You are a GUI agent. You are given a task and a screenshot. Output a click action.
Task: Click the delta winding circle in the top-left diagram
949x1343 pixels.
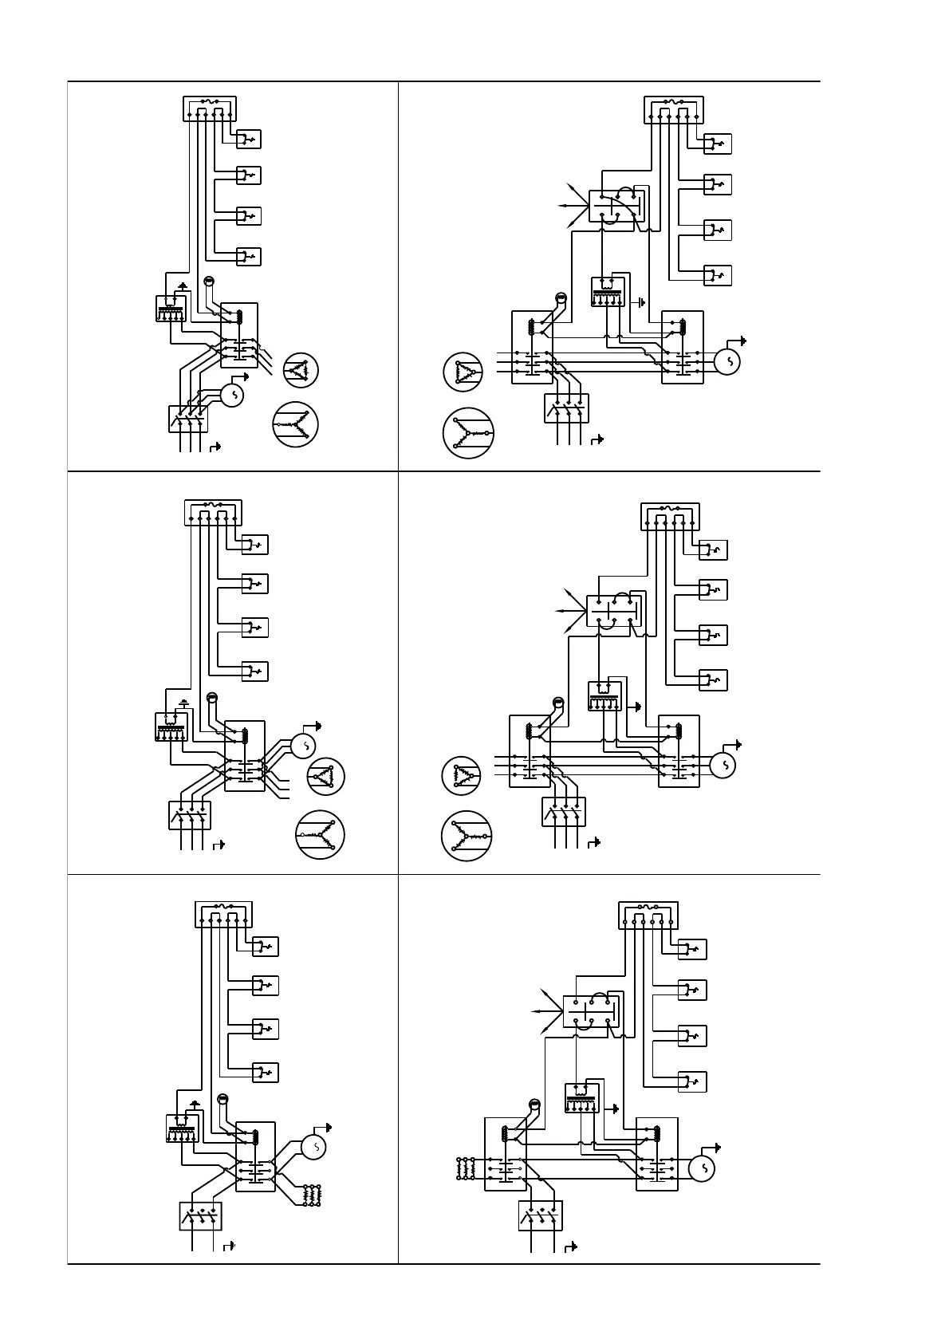pyautogui.click(x=301, y=369)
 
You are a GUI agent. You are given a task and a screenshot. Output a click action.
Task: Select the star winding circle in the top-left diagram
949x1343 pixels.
pyautogui.click(x=295, y=424)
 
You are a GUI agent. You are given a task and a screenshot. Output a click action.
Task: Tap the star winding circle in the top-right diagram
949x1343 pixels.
pyautogui.click(x=468, y=433)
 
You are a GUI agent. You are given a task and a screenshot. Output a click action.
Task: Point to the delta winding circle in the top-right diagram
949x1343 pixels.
pyautogui.click(x=463, y=372)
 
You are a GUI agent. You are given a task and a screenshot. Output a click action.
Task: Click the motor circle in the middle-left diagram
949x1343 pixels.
pyautogui.click(x=303, y=746)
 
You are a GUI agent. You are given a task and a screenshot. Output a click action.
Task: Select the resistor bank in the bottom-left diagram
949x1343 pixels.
pyautogui.click(x=311, y=1195)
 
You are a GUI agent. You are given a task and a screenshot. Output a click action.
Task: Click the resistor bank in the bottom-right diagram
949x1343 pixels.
pyautogui.click(x=465, y=1168)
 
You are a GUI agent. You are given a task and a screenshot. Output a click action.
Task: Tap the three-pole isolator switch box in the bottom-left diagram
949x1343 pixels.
pyautogui.click(x=200, y=1216)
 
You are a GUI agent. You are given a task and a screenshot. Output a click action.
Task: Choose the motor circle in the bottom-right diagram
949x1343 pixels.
pyautogui.click(x=703, y=1168)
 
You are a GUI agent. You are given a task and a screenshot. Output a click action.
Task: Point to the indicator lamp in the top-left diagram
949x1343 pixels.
pyautogui.click(x=209, y=281)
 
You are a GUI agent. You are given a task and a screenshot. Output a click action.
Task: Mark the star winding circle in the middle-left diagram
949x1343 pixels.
pyautogui.click(x=320, y=834)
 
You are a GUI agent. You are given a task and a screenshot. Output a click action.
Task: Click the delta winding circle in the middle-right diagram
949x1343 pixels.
pyautogui.click(x=461, y=776)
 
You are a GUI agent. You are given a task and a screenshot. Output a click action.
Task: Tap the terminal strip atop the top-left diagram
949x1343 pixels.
pyautogui.click(x=210, y=108)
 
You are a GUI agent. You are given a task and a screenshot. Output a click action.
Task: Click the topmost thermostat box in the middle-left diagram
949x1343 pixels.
pyautogui.click(x=254, y=545)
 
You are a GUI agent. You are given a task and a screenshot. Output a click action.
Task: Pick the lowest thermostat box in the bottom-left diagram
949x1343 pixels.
pyautogui.click(x=265, y=1073)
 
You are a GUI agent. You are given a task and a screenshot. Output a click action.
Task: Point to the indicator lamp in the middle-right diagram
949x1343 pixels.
pyautogui.click(x=558, y=703)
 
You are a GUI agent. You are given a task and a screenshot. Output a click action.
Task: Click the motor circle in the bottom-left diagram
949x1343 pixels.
pyautogui.click(x=315, y=1148)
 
